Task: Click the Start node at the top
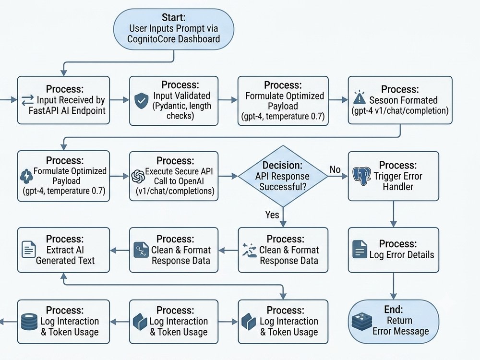click(174, 29)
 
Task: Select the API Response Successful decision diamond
click(283, 176)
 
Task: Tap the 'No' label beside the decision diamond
click(335, 169)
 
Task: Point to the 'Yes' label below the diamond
click(272, 215)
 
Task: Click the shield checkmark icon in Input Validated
click(142, 101)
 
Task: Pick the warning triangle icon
click(359, 97)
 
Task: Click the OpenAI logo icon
click(138, 176)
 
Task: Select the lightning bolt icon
click(26, 176)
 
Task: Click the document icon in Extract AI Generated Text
click(29, 249)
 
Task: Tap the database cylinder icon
click(29, 322)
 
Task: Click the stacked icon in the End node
click(362, 322)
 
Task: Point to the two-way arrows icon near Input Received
click(27, 100)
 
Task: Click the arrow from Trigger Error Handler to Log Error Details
click(394, 214)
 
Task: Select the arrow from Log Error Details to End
click(394, 286)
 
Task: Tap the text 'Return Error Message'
click(400, 326)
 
